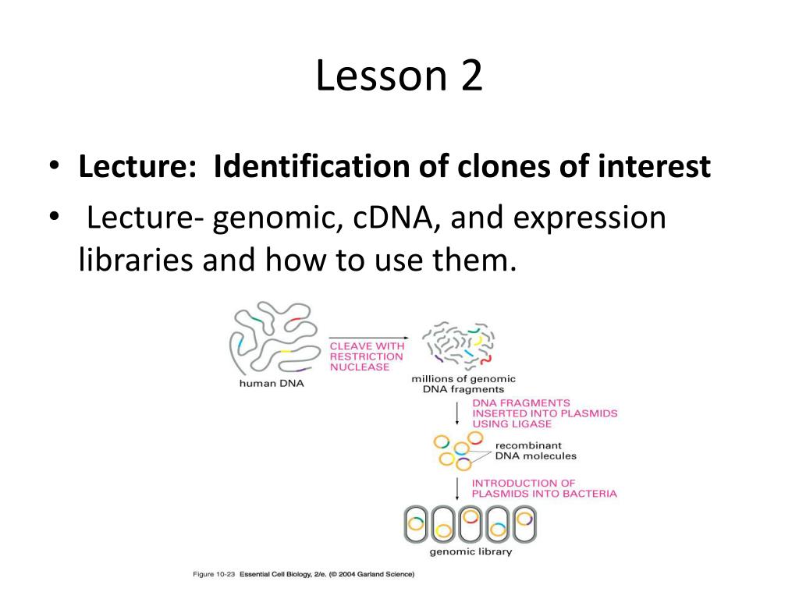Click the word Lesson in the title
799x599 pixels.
click(381, 76)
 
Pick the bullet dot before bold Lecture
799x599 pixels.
click(55, 165)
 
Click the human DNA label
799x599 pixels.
click(272, 384)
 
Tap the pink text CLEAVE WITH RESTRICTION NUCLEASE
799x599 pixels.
click(367, 356)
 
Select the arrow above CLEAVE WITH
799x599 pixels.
click(368, 338)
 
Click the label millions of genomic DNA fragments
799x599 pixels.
click(463, 384)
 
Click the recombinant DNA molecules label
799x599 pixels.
click(535, 451)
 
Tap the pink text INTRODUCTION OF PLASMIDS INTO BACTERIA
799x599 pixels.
click(544, 488)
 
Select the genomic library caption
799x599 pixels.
click(471, 551)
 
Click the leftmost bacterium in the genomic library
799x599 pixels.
click(416, 525)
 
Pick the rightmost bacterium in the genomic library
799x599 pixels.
click(524, 525)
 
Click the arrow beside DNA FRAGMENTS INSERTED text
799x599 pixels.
click(457, 413)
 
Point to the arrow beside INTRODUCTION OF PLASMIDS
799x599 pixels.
click(457, 488)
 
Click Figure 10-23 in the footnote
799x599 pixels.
click(214, 574)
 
